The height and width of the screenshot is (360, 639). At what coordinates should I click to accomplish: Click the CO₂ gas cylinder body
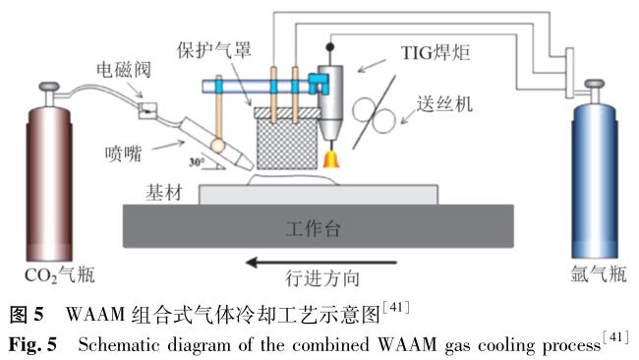pyautogui.click(x=49, y=184)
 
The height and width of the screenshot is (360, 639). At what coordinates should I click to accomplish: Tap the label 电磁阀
pyautogui.click(x=124, y=70)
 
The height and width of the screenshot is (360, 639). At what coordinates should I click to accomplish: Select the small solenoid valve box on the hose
pyautogui.click(x=146, y=109)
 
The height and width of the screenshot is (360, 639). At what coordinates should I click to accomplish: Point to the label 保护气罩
pyautogui.click(x=214, y=50)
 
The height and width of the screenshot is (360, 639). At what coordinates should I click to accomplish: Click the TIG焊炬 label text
pyautogui.click(x=436, y=52)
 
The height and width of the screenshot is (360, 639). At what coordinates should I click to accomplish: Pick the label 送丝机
pyautogui.click(x=444, y=104)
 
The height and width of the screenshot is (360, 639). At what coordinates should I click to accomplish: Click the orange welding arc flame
pyautogui.click(x=331, y=159)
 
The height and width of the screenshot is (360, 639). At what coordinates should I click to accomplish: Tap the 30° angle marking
pyautogui.click(x=197, y=162)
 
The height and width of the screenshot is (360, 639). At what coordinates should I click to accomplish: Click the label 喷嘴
pyautogui.click(x=124, y=153)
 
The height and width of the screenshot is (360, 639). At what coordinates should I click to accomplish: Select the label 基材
pyautogui.click(x=164, y=193)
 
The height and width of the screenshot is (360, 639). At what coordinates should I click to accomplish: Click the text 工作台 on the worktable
pyautogui.click(x=313, y=229)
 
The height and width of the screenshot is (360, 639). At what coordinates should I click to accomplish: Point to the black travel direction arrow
pyautogui.click(x=321, y=263)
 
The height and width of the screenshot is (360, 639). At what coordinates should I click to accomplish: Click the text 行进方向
pyautogui.click(x=322, y=279)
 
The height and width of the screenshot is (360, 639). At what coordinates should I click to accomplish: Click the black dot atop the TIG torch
pyautogui.click(x=330, y=47)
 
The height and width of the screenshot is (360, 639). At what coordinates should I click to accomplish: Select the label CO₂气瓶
pyautogui.click(x=60, y=274)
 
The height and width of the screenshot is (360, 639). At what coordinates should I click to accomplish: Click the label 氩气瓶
pyautogui.click(x=599, y=273)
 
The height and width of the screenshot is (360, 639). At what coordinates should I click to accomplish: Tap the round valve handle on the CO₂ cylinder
pyautogui.click(x=49, y=87)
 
